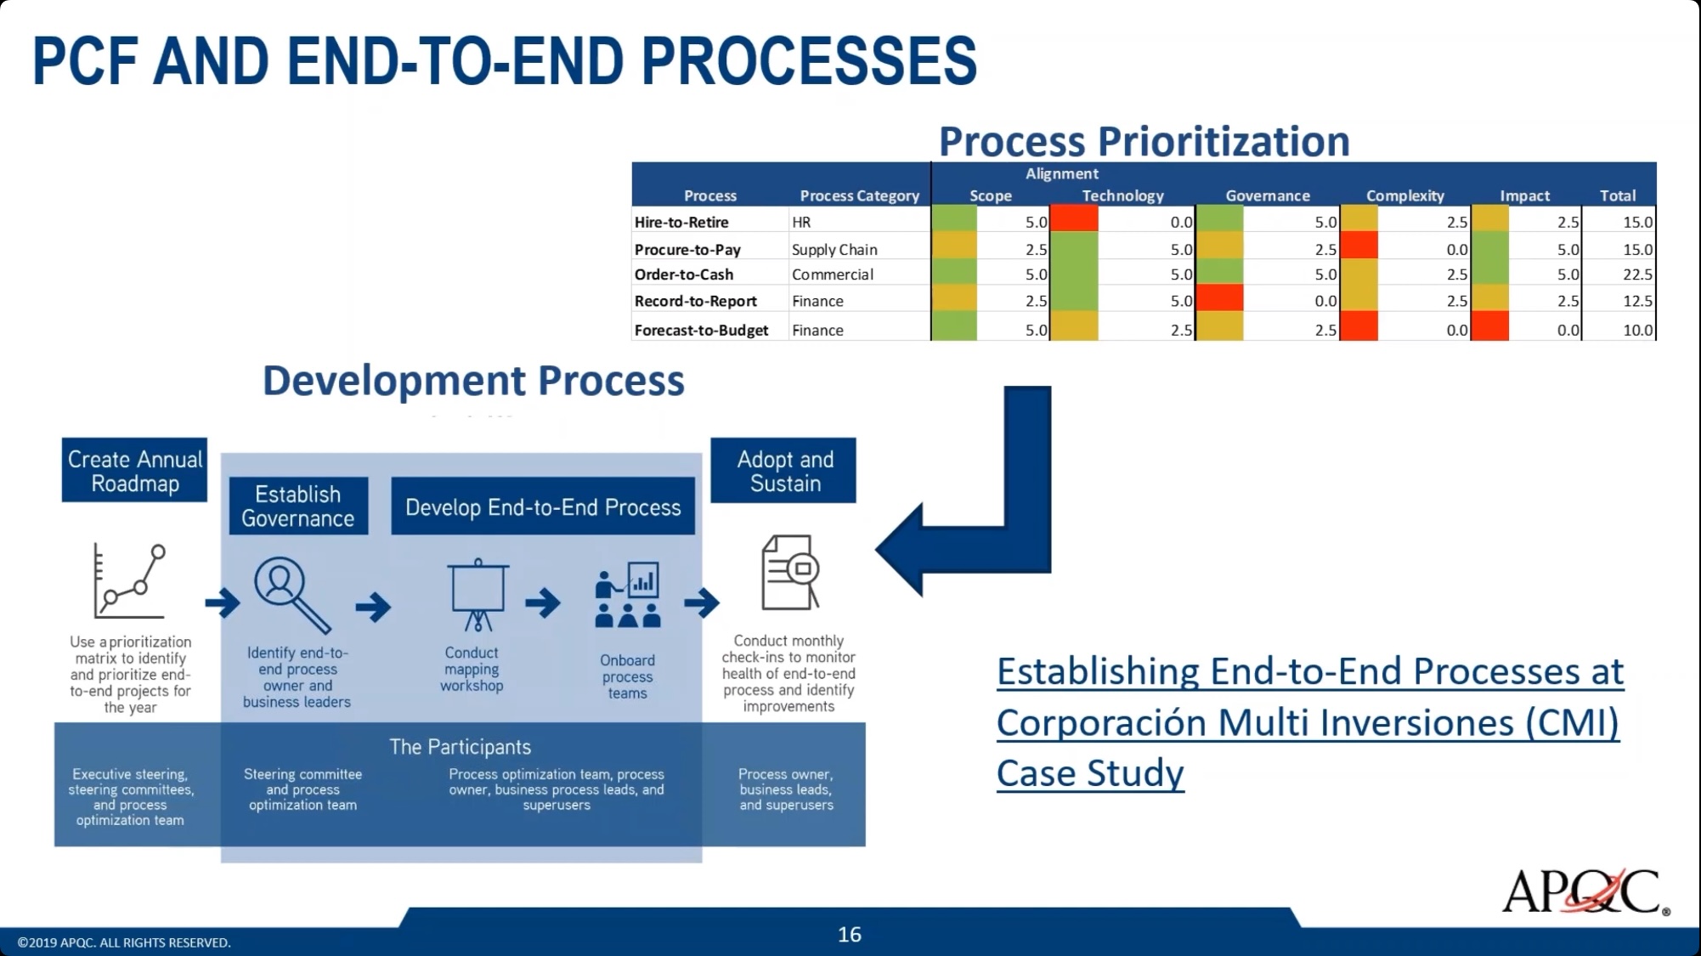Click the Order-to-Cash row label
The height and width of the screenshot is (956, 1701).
coord(683,274)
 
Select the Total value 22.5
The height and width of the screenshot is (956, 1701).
coord(1637,274)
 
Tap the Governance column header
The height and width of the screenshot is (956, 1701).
coord(1268,195)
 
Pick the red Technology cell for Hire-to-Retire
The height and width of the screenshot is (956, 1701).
coord(1074,219)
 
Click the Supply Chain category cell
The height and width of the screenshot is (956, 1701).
coord(834,249)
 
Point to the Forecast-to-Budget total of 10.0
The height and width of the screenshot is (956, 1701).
coord(1637,330)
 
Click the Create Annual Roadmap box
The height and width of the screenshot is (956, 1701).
coord(134,470)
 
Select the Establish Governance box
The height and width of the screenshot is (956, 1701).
coord(298,506)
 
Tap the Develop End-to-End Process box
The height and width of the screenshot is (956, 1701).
coord(543,506)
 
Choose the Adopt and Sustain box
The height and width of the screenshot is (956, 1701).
coord(783,470)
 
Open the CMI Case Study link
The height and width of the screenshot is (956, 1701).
coord(1309,722)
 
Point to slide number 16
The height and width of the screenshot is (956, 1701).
coord(850,935)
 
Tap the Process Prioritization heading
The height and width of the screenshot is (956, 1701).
coord(1144,140)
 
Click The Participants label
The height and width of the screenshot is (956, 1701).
coord(460,747)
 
